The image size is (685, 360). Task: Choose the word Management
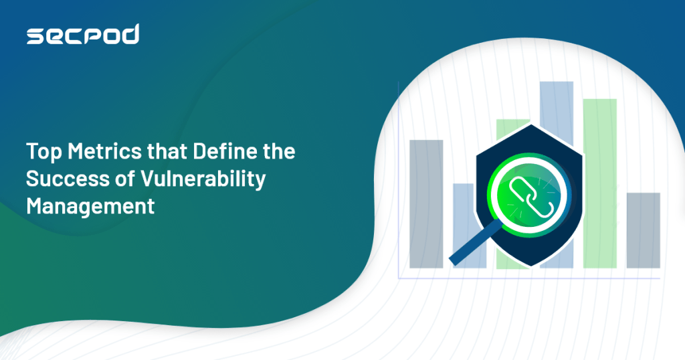[x=90, y=206]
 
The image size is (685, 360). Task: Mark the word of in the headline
[x=120, y=179]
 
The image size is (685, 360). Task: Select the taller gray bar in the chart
[x=426, y=203]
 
